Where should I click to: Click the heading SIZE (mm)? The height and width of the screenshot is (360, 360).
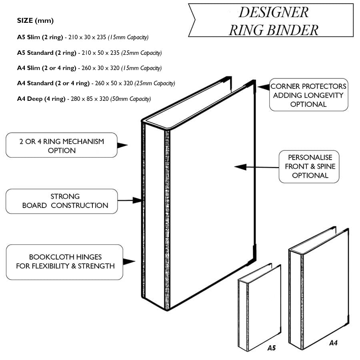(35, 20)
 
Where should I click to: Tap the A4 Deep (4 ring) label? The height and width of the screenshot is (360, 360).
(41, 99)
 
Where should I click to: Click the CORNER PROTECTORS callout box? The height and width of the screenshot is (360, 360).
(308, 95)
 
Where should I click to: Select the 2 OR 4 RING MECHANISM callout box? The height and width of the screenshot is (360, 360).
(62, 146)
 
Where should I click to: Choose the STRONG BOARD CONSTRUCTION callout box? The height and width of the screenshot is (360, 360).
(62, 201)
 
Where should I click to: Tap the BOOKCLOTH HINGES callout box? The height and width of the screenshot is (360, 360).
(65, 262)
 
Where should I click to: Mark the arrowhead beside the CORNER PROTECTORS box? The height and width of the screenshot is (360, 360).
(262, 86)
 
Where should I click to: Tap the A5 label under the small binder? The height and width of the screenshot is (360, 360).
(272, 348)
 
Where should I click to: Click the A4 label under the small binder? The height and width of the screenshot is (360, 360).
(333, 343)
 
